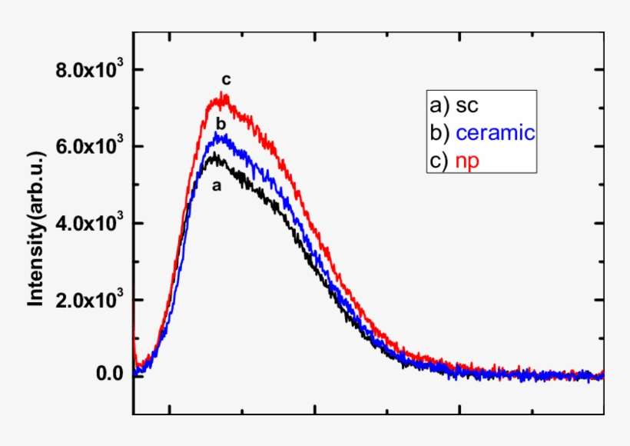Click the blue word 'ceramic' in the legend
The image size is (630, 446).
pyautogui.click(x=495, y=132)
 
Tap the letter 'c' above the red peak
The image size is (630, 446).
pyautogui.click(x=226, y=79)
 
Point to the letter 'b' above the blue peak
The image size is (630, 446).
pyautogui.click(x=220, y=123)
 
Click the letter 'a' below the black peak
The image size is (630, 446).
pyautogui.click(x=217, y=185)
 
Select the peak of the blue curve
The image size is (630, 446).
pyautogui.click(x=220, y=135)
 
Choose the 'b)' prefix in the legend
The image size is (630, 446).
pyautogui.click(x=439, y=132)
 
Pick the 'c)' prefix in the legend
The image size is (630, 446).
pyautogui.click(x=439, y=159)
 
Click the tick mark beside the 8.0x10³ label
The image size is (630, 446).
pyautogui.click(x=138, y=70)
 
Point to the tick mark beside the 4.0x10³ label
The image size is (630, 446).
pyautogui.click(x=138, y=223)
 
